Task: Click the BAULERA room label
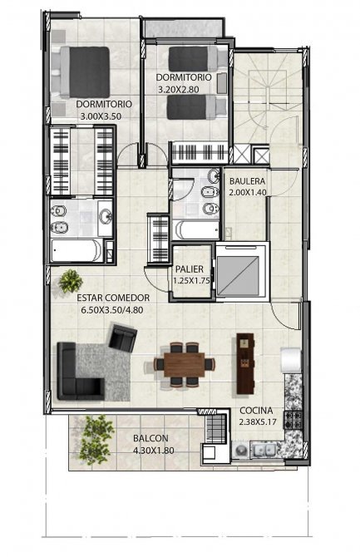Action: point(248,181)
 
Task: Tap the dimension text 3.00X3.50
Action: point(101,116)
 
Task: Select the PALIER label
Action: point(190,269)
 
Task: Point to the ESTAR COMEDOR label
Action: point(113,298)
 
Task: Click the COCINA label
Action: point(256,411)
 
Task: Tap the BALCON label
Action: point(150,439)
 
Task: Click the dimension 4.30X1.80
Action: point(154,451)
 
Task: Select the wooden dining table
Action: point(184,364)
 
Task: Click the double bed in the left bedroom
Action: point(85,72)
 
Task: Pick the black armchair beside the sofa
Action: point(122,338)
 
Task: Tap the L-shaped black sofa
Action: point(80,372)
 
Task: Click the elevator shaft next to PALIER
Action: point(243,272)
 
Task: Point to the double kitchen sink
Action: point(264,451)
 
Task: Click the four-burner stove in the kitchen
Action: point(293,420)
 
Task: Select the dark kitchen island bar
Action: point(245,363)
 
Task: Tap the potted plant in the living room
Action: point(71,281)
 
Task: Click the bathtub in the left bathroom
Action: point(76,251)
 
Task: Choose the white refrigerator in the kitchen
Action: point(292,360)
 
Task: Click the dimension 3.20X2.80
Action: point(179,90)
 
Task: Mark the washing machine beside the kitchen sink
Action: point(240,451)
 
